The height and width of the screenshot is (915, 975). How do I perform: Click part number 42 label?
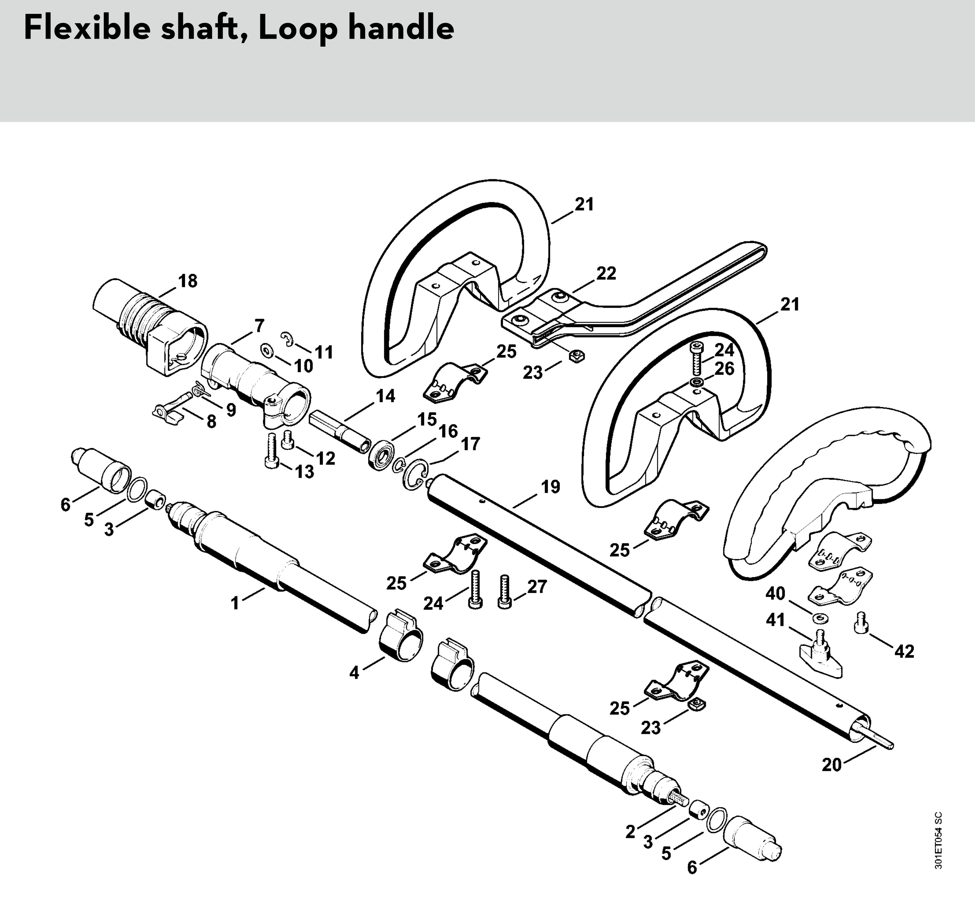pyautogui.click(x=904, y=652)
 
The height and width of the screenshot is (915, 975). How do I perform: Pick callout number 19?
pyautogui.click(x=550, y=487)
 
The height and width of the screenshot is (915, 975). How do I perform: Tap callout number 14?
pyautogui.click(x=385, y=396)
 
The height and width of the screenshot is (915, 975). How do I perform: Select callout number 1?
pyautogui.click(x=235, y=603)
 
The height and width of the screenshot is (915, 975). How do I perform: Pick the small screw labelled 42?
pyautogui.click(x=862, y=622)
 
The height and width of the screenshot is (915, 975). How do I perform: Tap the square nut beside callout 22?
pyautogui.click(x=576, y=356)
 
